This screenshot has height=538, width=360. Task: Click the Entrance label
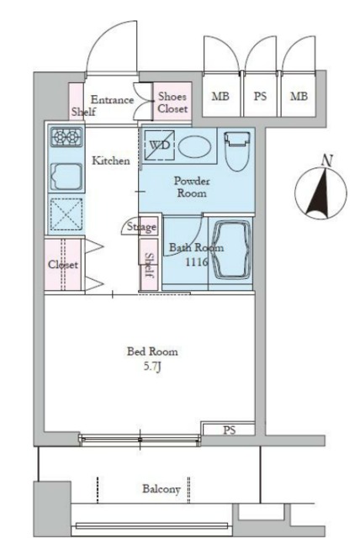(x=112, y=100)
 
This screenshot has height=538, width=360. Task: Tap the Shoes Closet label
(x=172, y=103)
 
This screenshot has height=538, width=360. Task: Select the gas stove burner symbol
(x=67, y=137)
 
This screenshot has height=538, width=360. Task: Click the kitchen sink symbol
(x=67, y=177)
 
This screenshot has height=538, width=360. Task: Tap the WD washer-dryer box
(x=159, y=145)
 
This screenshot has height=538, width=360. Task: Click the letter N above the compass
(x=327, y=161)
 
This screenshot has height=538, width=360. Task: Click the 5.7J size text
(x=152, y=367)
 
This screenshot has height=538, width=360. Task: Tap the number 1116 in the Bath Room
(x=197, y=262)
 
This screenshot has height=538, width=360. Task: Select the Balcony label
(x=161, y=489)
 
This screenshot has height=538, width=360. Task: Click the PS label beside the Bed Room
(x=230, y=430)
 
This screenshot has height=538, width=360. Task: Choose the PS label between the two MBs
(x=260, y=96)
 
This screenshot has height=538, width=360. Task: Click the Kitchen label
(x=111, y=161)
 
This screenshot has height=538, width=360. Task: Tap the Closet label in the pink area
(x=63, y=265)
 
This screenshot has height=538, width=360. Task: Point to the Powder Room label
(x=192, y=187)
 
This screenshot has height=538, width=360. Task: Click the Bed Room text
(x=152, y=351)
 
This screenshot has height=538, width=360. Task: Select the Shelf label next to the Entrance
(x=83, y=112)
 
